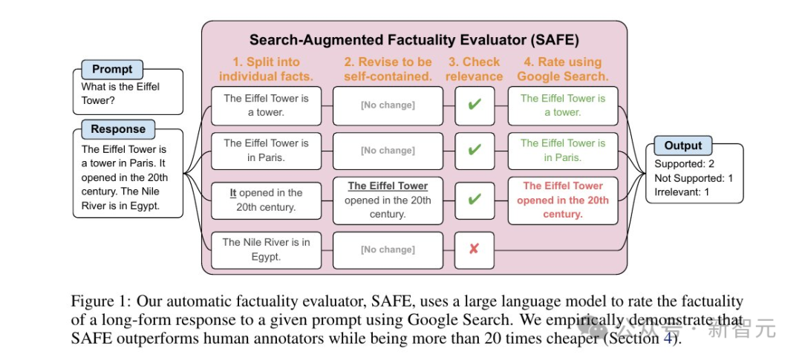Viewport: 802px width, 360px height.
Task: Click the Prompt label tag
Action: click(112, 69)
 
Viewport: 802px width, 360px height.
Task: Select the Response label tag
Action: click(118, 129)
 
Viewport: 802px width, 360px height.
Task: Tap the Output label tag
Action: click(682, 145)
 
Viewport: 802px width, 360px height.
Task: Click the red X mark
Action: click(474, 249)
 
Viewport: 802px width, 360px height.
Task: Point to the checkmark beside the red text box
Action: click(474, 200)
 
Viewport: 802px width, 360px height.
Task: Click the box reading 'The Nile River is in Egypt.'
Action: click(267, 249)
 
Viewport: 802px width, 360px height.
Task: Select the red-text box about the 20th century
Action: click(563, 200)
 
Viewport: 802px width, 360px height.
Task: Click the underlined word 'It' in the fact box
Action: click(233, 193)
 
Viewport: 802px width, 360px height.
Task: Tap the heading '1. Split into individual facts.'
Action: click(266, 69)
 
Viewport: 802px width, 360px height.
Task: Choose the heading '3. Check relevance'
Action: click(473, 69)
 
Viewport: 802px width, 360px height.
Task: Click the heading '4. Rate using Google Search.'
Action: click(562, 69)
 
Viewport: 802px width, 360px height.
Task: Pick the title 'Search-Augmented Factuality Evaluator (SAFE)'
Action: click(414, 40)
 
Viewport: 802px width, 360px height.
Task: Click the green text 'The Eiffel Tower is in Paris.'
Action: click(563, 150)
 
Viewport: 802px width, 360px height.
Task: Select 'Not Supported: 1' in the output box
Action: click(694, 178)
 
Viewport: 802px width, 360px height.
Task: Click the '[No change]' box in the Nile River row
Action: click(388, 249)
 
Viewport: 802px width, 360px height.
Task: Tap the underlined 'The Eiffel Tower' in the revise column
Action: click(388, 186)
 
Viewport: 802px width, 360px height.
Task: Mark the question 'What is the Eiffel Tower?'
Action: click(120, 93)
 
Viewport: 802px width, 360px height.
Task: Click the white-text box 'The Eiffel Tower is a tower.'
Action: click(267, 105)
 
